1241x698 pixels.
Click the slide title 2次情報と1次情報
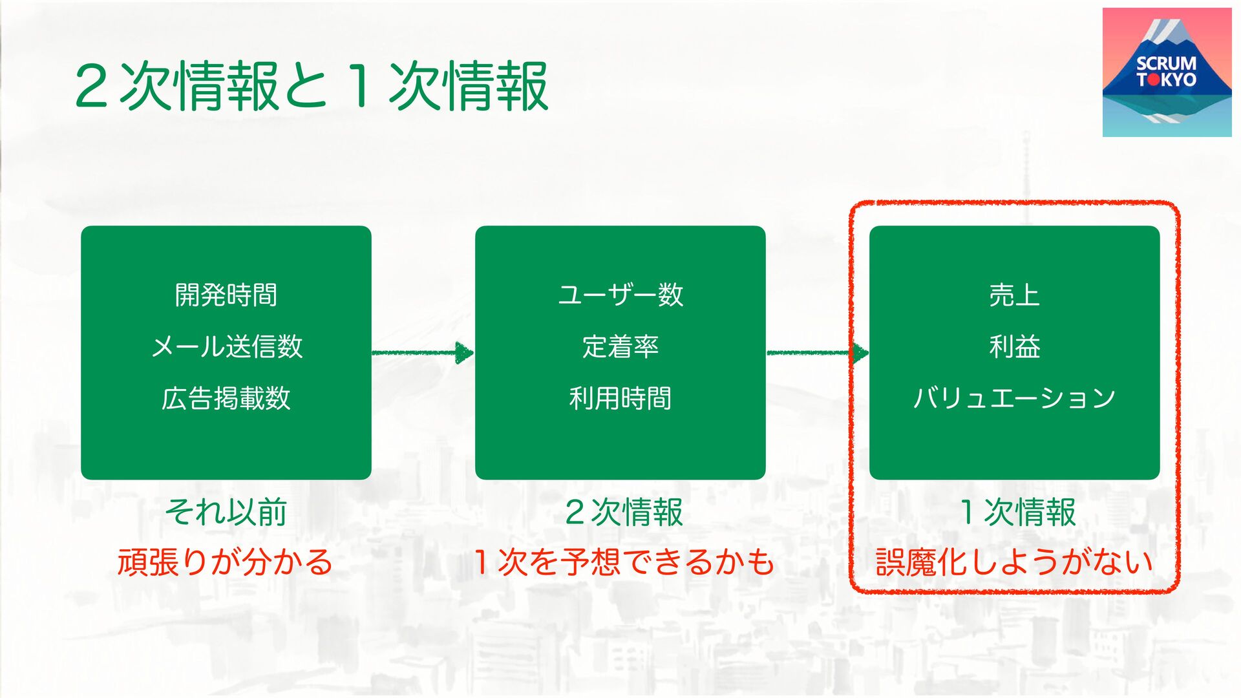(312, 87)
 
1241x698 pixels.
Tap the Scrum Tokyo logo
(1167, 72)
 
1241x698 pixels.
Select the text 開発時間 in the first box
(226, 295)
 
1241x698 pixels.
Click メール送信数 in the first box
(226, 346)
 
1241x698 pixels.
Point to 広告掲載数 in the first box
(226, 398)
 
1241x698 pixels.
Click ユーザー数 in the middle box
(620, 295)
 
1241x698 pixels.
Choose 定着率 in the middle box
(620, 346)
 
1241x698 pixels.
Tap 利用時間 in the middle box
(620, 398)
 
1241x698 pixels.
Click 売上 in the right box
(1014, 295)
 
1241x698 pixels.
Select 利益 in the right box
(1014, 346)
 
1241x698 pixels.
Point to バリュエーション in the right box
(1014, 398)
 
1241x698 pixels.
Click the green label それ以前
(226, 512)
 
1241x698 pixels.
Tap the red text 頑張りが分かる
(225, 562)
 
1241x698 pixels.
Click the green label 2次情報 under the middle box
(624, 512)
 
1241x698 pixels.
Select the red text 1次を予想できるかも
(624, 562)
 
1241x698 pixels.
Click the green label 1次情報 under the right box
(1017, 512)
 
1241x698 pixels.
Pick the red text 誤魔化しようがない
(1014, 562)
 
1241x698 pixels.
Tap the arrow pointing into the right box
(818, 353)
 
